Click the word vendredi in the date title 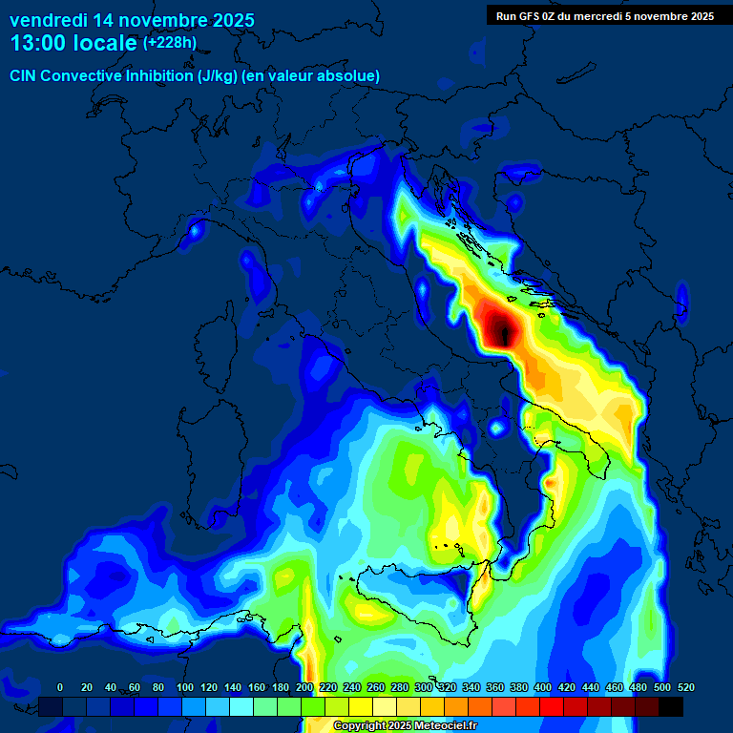pos(45,20)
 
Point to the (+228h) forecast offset pos(170,43)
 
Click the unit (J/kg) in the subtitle pos(221,75)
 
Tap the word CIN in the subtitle pos(24,75)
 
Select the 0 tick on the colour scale pos(60,687)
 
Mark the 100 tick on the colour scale pos(185,687)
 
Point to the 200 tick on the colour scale pos(304,687)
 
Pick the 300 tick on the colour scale pos(424,687)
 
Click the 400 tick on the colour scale pos(543,687)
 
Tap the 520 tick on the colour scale pos(685,687)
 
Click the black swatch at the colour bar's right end pos(671,706)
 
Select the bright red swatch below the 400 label pos(552,706)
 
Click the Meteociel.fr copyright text pos(405,726)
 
